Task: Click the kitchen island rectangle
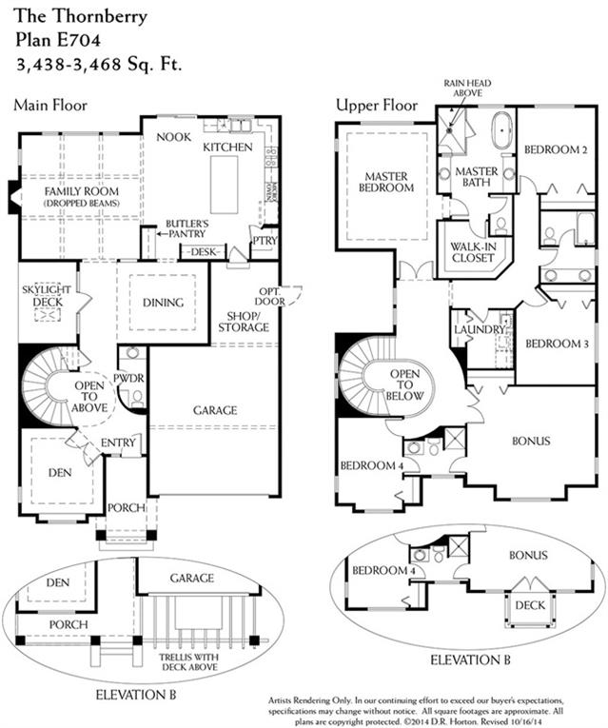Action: [x=225, y=185]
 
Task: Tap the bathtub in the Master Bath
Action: [x=501, y=130]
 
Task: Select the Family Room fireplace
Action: [x=15, y=197]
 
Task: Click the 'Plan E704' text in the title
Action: [x=58, y=40]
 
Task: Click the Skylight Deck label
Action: [x=47, y=296]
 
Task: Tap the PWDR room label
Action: [x=128, y=379]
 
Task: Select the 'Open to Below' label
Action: [x=404, y=384]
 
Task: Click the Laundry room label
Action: [x=480, y=329]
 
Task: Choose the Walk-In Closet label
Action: [x=473, y=252]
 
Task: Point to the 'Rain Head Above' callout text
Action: [x=467, y=89]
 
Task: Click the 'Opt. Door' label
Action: [x=269, y=296]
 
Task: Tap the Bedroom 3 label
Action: [x=557, y=344]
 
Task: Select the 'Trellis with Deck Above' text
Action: [x=188, y=662]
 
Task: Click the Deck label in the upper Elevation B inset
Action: [x=530, y=605]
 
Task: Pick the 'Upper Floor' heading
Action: [x=377, y=106]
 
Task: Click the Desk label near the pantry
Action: [x=204, y=251]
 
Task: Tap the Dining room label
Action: [x=163, y=303]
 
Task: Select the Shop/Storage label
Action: [x=244, y=322]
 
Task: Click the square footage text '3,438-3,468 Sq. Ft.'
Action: [x=99, y=63]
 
